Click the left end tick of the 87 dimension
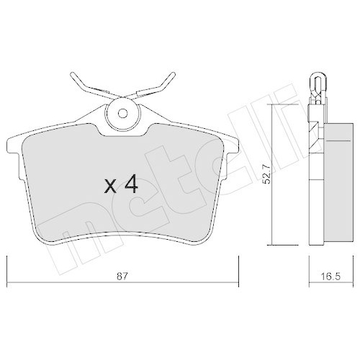click(7, 268)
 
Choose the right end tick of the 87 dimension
click(237, 268)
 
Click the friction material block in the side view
click(333, 180)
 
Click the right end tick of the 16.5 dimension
click(348, 268)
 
